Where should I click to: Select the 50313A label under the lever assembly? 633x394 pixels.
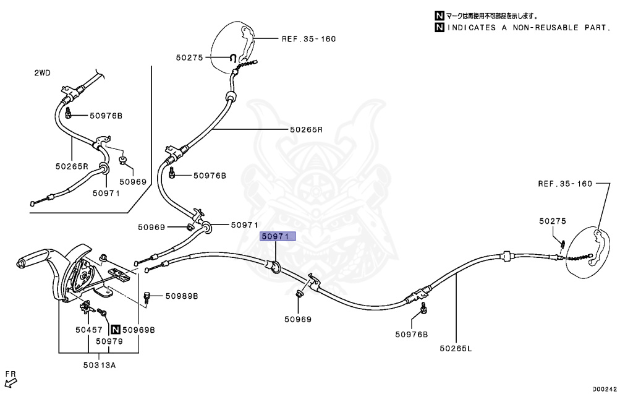click(x=99, y=365)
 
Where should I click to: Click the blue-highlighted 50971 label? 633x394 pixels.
click(x=278, y=236)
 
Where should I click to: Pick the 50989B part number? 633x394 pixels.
click(x=181, y=296)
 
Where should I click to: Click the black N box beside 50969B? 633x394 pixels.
click(x=115, y=330)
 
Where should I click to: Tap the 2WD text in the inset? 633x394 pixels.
click(x=42, y=73)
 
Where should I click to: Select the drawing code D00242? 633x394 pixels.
click(x=605, y=389)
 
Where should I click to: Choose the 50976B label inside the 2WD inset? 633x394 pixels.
click(x=106, y=116)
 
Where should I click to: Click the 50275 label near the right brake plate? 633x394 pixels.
click(x=552, y=221)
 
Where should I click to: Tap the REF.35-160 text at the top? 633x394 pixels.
click(x=308, y=38)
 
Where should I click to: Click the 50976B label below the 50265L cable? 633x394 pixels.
click(x=412, y=335)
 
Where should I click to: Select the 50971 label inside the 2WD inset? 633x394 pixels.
click(x=106, y=193)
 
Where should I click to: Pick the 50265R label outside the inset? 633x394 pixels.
click(x=306, y=130)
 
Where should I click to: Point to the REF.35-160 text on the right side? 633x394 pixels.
click(x=565, y=184)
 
